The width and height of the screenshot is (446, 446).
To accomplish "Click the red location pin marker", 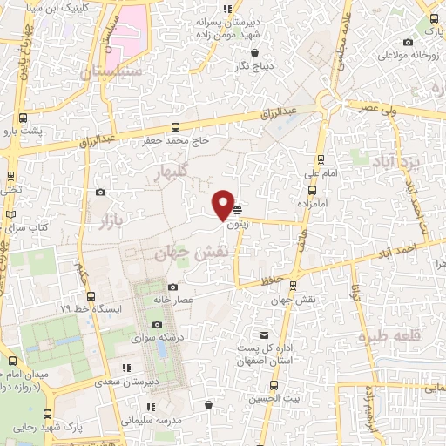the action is (223, 205).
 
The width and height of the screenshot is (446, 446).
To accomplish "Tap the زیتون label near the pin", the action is (236, 224).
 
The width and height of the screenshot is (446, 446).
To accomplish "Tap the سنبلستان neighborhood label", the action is (111, 73).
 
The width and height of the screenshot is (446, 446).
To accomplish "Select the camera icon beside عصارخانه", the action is (172, 287).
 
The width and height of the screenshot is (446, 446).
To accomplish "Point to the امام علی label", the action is (321, 173).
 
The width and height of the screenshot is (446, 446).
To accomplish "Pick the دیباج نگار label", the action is (257, 65).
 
